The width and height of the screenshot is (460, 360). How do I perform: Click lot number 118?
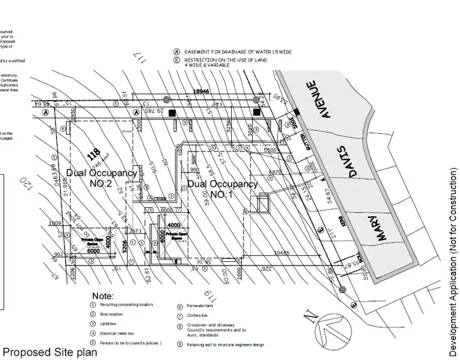tap(94, 153)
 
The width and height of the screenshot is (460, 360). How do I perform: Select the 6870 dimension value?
tap(270, 172)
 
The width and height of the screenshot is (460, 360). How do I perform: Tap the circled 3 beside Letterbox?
tap(93, 323)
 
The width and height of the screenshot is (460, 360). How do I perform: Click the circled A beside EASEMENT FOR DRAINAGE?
tap(177, 52)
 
